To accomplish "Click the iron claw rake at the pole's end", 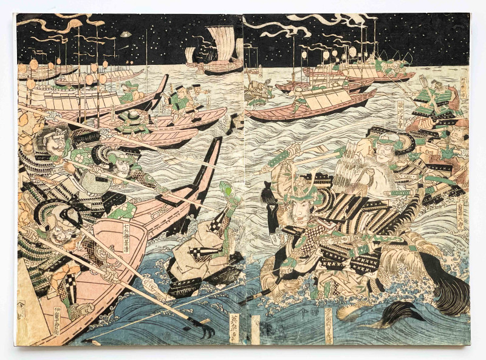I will point(204,328).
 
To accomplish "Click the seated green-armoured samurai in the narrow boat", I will point(132,121).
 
